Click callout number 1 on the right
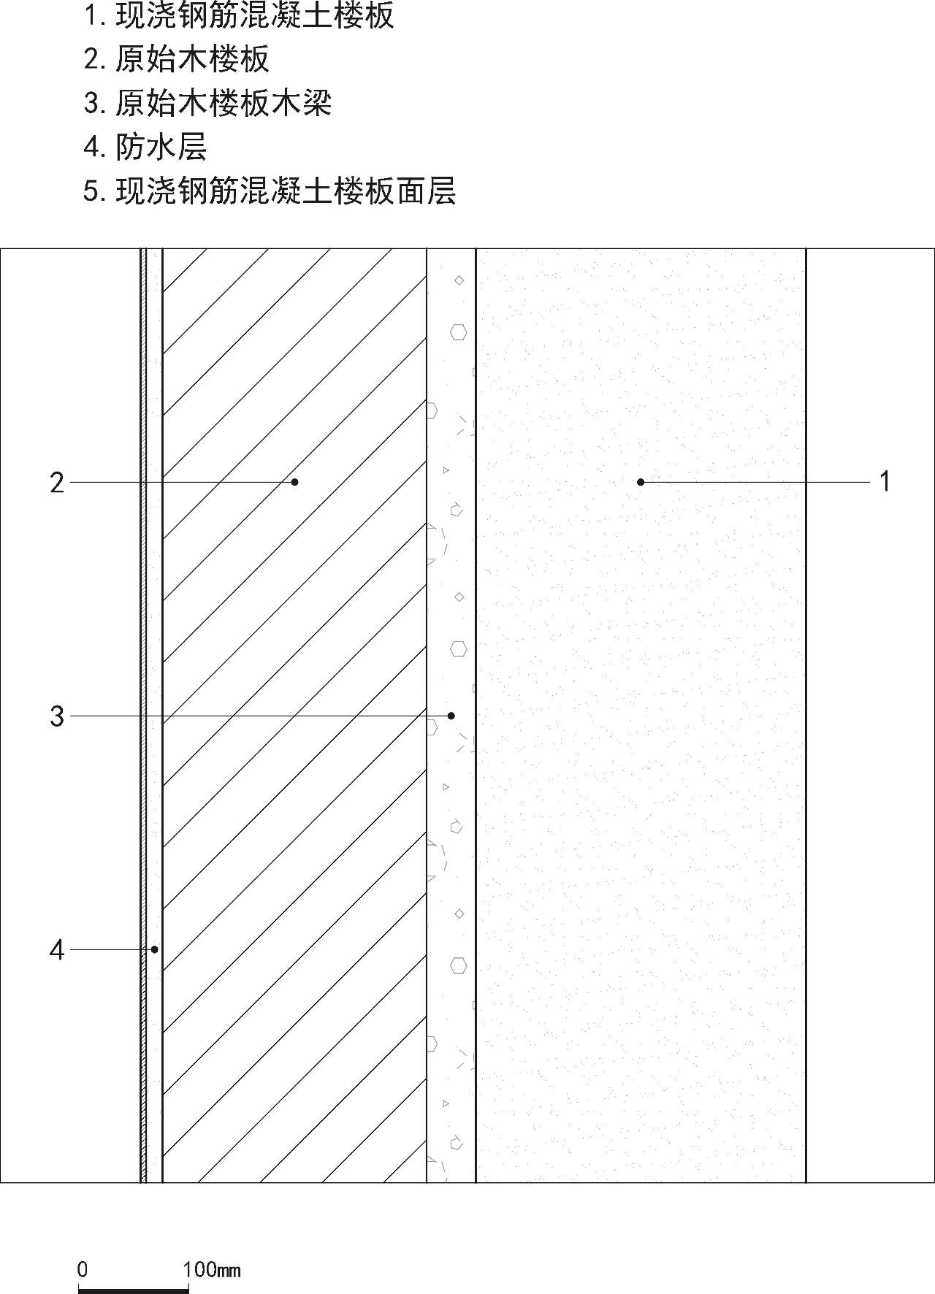tap(885, 482)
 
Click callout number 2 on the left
tap(57, 483)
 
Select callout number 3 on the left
tap(57, 716)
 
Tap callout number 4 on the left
tap(57, 950)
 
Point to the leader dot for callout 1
tap(641, 482)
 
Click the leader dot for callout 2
tap(295, 482)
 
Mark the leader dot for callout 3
tap(451, 716)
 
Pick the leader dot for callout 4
tap(155, 949)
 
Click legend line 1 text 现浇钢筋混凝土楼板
tap(255, 15)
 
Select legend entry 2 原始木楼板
tap(192, 59)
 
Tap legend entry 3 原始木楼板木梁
tap(224, 103)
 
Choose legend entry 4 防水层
tap(161, 147)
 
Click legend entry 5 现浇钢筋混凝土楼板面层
tap(286, 191)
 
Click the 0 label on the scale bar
tap(83, 1269)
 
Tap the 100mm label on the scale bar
tap(212, 1269)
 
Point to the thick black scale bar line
tap(133, 1290)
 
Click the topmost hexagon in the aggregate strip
tap(459, 333)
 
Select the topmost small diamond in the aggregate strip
tap(459, 280)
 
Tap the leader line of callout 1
tap(755, 482)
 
